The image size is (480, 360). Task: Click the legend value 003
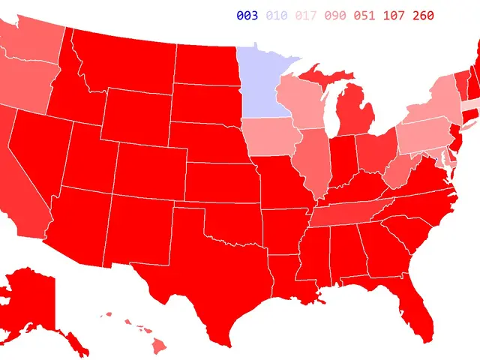coord(247,16)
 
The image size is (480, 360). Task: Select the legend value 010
coord(276,16)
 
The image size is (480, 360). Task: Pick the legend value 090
coord(334,16)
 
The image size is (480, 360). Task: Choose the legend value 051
coord(364,16)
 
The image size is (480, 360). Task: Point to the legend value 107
coord(393,16)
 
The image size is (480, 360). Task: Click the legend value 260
coord(422,16)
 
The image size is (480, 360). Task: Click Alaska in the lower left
coord(34,300)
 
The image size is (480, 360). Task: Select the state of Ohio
coord(373,150)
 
